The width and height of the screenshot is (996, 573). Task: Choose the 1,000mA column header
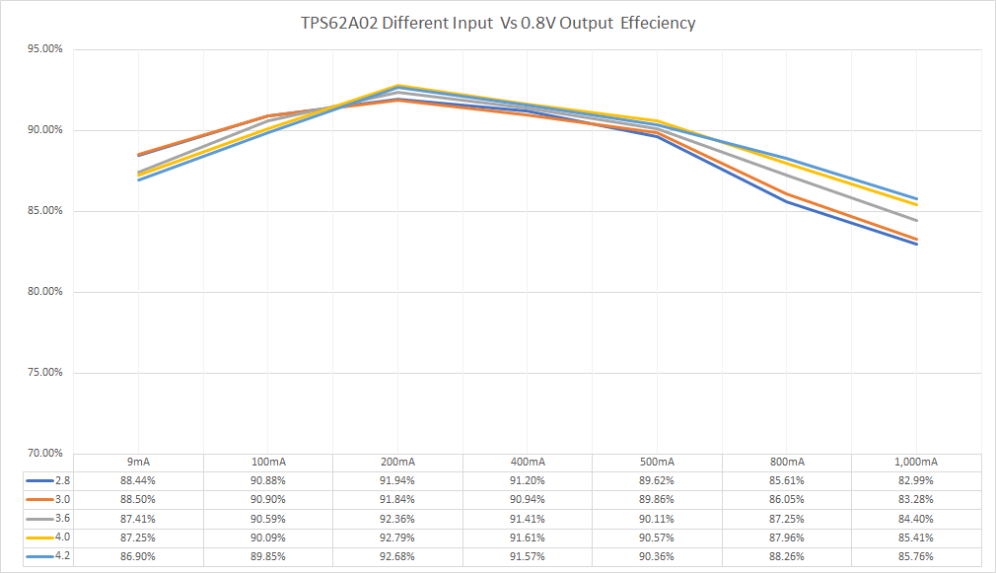pyautogui.click(x=917, y=462)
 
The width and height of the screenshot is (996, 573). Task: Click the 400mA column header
pyautogui.click(x=528, y=462)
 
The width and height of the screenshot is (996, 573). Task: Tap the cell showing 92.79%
pyautogui.click(x=397, y=537)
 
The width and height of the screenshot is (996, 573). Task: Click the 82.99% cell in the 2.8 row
pyautogui.click(x=917, y=480)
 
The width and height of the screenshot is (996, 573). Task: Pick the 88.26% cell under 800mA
pyautogui.click(x=787, y=557)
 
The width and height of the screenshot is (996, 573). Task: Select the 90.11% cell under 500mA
pyautogui.click(x=658, y=519)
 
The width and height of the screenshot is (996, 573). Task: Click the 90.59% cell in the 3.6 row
pyautogui.click(x=268, y=519)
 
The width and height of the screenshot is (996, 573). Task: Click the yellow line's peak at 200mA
pyautogui.click(x=397, y=86)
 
